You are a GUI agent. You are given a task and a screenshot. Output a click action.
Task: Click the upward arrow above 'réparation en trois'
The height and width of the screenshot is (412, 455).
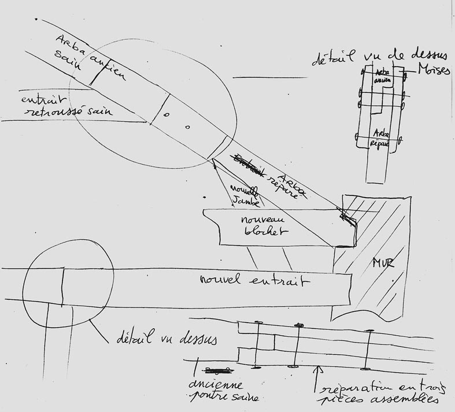[316, 378]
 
